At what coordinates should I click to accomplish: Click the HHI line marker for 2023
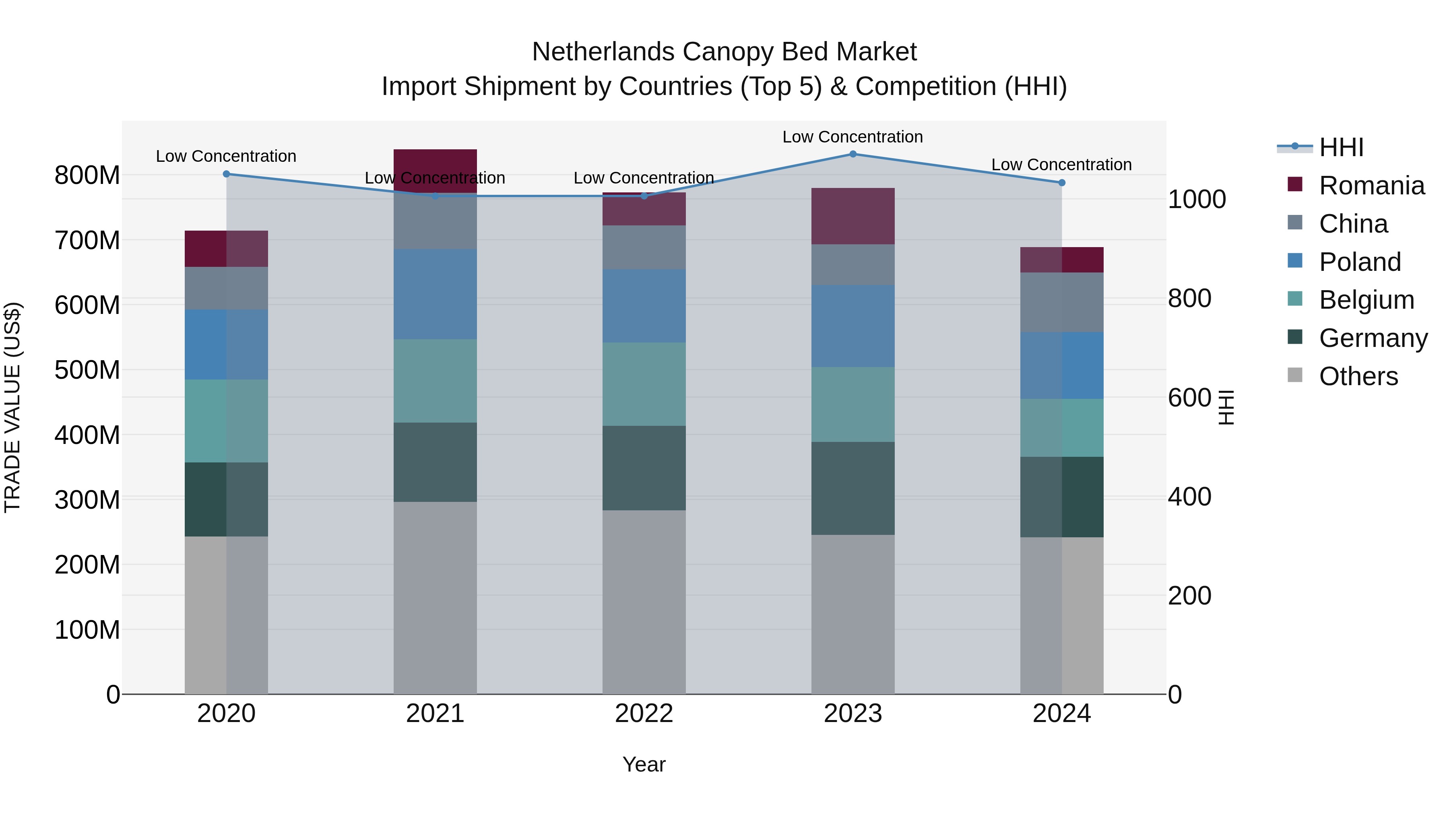click(853, 154)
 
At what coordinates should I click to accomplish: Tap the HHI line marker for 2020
click(226, 174)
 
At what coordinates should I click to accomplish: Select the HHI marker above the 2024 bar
click(1061, 183)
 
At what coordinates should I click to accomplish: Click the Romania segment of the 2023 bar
click(853, 216)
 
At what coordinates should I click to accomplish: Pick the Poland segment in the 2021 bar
click(435, 294)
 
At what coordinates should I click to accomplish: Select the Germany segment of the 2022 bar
click(644, 468)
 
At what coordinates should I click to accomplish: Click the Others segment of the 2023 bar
click(853, 614)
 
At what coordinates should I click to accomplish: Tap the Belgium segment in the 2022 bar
click(644, 384)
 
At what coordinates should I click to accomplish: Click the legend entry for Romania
click(1371, 186)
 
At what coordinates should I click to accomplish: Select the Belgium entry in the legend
click(1366, 300)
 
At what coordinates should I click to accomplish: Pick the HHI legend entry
click(1341, 147)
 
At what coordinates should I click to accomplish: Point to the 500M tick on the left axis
click(87, 370)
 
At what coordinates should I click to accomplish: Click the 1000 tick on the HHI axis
click(1197, 199)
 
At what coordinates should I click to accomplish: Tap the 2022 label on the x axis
click(644, 714)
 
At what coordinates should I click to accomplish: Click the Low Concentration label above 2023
click(853, 137)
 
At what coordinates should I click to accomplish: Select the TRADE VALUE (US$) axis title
click(12, 407)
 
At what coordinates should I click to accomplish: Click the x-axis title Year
click(644, 764)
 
